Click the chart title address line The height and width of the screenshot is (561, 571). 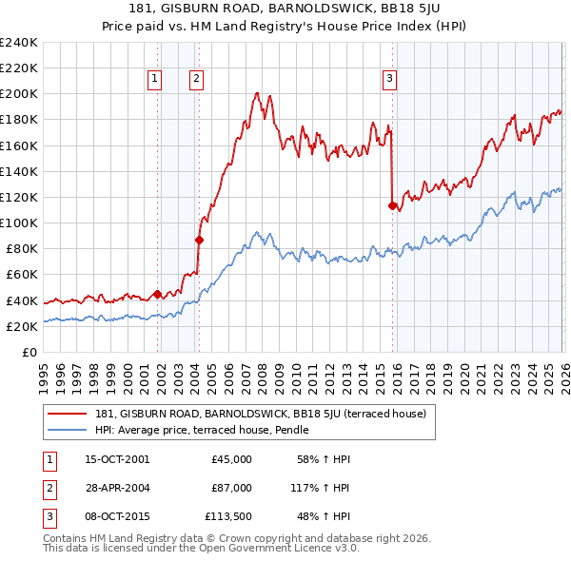[x=285, y=10]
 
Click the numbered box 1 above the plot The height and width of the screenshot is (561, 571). [x=154, y=79]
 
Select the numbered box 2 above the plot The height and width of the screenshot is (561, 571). [x=196, y=79]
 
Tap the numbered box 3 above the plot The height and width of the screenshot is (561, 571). [x=389, y=79]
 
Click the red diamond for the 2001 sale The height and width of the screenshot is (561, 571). [x=157, y=294]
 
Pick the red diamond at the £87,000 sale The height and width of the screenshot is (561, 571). [x=199, y=240]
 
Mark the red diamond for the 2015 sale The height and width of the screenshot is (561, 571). [x=392, y=205]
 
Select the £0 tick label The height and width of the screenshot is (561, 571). [x=29, y=352]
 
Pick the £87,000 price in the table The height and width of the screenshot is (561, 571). [x=231, y=487]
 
